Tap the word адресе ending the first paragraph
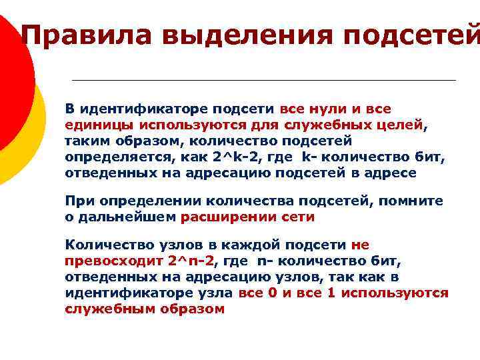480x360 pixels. [x=393, y=173]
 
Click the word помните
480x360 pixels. [x=416, y=201]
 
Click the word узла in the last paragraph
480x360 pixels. [x=214, y=293]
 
